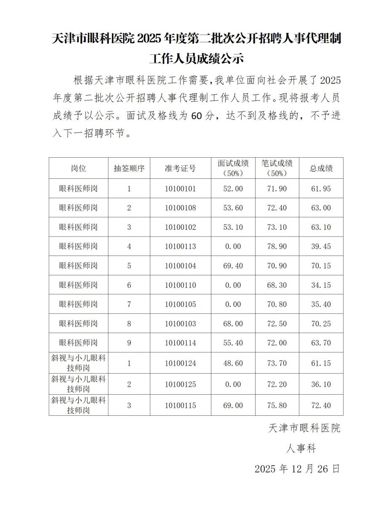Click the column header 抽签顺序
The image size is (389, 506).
(129, 168)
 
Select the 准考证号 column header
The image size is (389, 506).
(180, 168)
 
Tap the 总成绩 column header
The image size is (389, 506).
(321, 168)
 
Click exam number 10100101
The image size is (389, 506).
(180, 188)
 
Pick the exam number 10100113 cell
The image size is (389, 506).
(180, 247)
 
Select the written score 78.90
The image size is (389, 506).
(277, 247)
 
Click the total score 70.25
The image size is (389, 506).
(321, 324)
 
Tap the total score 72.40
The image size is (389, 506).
(321, 405)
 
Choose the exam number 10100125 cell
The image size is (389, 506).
(180, 385)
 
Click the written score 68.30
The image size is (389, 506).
(277, 285)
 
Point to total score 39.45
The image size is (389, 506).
(321, 247)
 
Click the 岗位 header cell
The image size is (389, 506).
(78, 168)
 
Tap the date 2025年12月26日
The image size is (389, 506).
(297, 469)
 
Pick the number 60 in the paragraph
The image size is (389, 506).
(197, 116)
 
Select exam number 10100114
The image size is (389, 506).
(180, 343)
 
